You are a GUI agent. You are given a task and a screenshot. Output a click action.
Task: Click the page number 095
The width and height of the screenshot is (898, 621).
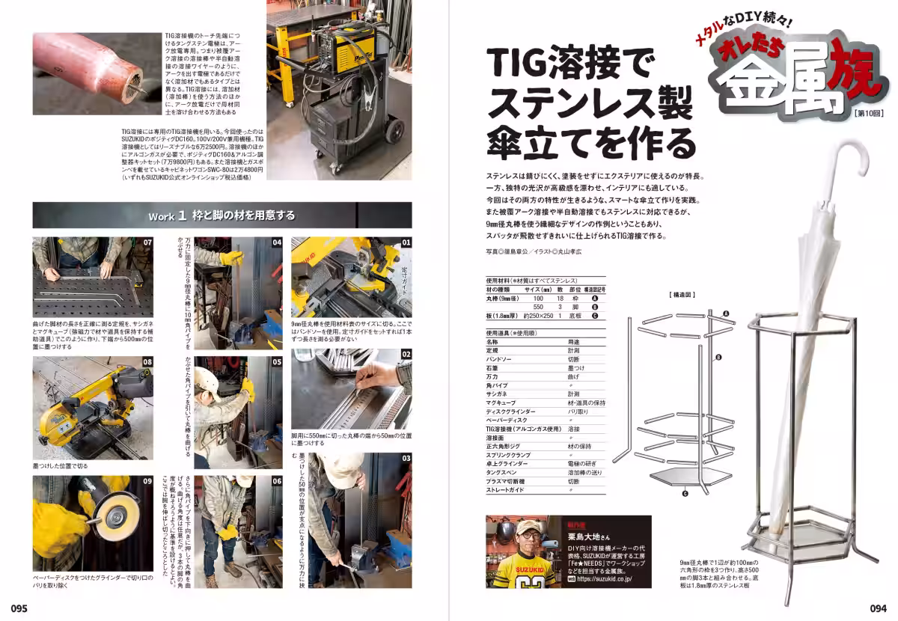pos(19,608)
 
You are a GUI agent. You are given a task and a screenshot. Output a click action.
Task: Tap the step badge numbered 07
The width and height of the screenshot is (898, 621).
pos(147,242)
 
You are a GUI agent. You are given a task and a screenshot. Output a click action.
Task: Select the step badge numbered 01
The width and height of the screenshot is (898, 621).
pos(406,242)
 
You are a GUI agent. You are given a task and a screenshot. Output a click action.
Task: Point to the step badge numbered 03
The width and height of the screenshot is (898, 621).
pos(406,458)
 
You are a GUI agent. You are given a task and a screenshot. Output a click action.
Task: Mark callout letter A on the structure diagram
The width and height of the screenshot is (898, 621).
pos(725,313)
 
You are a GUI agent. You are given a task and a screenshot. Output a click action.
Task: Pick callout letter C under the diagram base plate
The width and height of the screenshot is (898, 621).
pos(685,493)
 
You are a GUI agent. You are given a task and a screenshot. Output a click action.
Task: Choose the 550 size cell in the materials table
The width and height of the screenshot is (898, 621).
pos(538,307)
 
